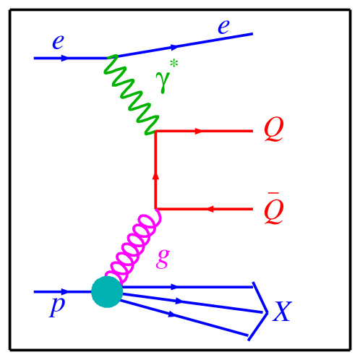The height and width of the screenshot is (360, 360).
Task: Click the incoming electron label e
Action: pos(58,42)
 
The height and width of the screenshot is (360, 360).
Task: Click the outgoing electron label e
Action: pos(223,27)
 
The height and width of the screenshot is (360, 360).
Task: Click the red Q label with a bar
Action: pos(273,210)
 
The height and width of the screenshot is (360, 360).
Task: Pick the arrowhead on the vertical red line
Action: pos(155,176)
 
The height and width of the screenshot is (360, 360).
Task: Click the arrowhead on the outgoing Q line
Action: pos(199,132)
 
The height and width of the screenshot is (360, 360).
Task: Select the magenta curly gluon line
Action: pos(134,246)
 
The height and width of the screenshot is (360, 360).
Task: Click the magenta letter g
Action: pos(163,257)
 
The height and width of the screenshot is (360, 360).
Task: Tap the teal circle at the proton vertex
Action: pos(107,292)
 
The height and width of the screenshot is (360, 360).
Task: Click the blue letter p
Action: pos(56,305)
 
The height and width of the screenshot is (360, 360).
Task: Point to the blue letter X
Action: pos(282,312)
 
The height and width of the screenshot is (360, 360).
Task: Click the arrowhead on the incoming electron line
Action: pos(65,58)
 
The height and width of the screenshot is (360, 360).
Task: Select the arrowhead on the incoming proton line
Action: pos(65,292)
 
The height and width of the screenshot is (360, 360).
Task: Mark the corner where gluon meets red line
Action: pos(156,210)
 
